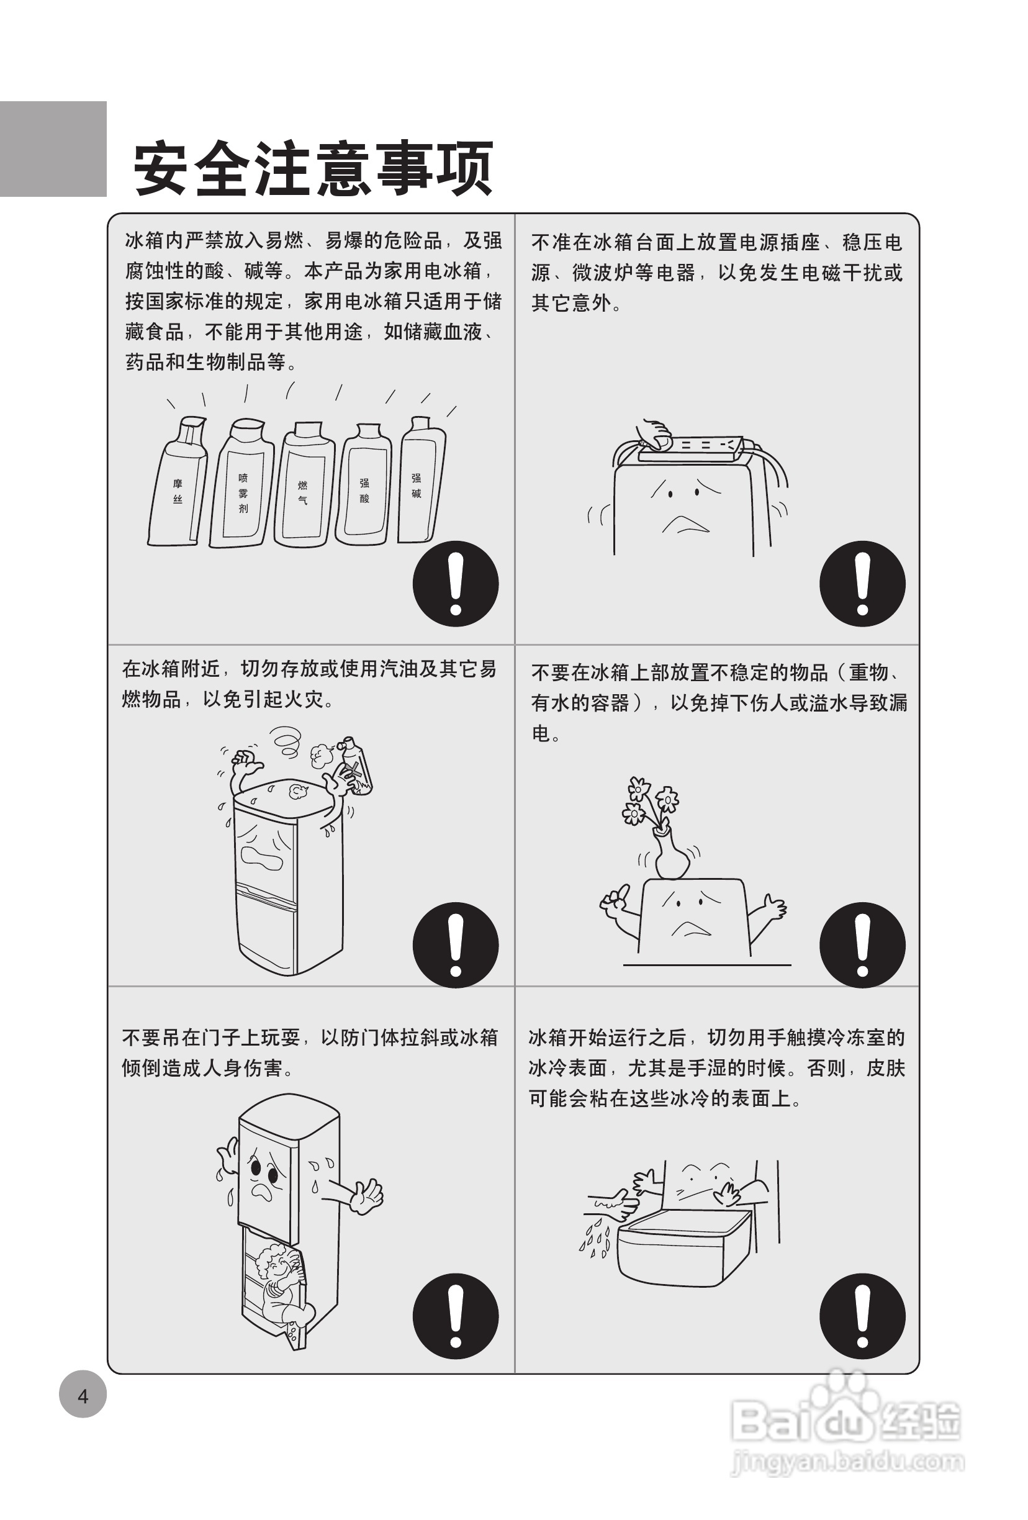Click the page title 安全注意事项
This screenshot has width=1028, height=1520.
[x=313, y=169]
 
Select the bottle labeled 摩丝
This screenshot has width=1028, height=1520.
[x=176, y=481]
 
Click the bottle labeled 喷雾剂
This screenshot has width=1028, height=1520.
[x=241, y=482]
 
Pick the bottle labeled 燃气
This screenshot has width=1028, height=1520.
[x=304, y=484]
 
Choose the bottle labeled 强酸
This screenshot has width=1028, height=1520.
[x=364, y=484]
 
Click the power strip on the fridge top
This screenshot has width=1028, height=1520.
[x=690, y=449]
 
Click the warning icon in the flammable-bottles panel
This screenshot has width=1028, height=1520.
[x=456, y=584]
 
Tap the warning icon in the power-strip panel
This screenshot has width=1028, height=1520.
[x=862, y=584]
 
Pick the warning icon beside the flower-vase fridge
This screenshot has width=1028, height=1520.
[x=862, y=945]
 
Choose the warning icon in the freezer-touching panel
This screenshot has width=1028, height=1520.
[x=862, y=1316]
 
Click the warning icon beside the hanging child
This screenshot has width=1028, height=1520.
[x=456, y=1316]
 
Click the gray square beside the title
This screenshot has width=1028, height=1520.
[x=53, y=148]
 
